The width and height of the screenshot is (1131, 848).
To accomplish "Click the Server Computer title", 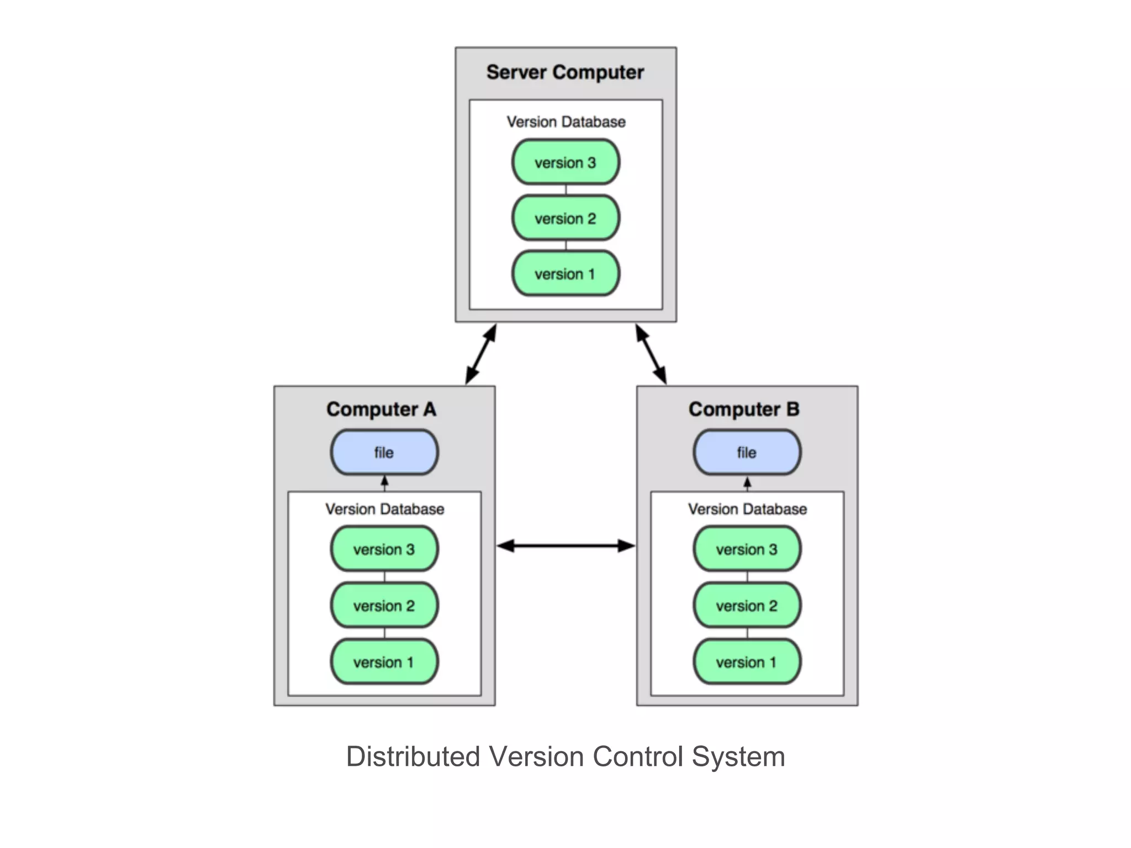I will (565, 72).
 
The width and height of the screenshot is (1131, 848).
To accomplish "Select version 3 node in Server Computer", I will (565, 162).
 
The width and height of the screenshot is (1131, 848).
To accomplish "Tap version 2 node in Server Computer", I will (565, 218).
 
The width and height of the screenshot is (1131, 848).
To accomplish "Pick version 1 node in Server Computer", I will (565, 274).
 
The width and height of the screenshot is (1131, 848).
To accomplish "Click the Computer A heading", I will (381, 409).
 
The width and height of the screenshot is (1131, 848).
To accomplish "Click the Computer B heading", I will (744, 409).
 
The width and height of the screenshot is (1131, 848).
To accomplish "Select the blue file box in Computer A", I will (384, 452).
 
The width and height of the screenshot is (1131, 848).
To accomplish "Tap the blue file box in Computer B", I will (747, 452).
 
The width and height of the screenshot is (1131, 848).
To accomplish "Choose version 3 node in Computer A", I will (384, 549).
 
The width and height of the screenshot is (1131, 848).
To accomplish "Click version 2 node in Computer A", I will (384, 606).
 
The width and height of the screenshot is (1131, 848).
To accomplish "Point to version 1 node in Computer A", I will (384, 662).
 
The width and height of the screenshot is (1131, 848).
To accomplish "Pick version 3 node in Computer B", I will (747, 549).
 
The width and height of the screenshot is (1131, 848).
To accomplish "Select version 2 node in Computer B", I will (747, 606).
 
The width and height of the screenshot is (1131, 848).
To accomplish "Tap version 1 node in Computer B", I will (747, 662).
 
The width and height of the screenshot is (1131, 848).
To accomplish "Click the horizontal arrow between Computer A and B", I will (565, 546).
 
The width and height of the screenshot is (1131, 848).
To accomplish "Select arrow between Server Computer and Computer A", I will (481, 354).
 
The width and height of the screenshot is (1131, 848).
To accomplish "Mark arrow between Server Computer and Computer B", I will (651, 354).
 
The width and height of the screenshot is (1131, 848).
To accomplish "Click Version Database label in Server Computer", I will (566, 122).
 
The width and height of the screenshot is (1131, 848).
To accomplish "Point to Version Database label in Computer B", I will (747, 509).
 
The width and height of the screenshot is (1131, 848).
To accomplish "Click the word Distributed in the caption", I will (413, 756).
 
